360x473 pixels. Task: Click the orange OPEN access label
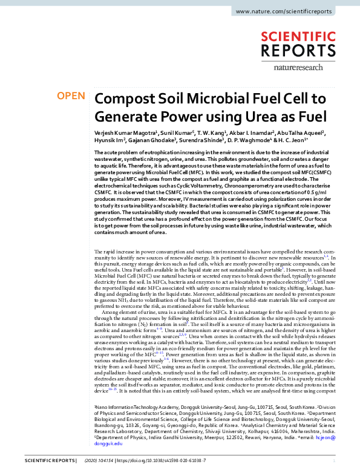[70, 96]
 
